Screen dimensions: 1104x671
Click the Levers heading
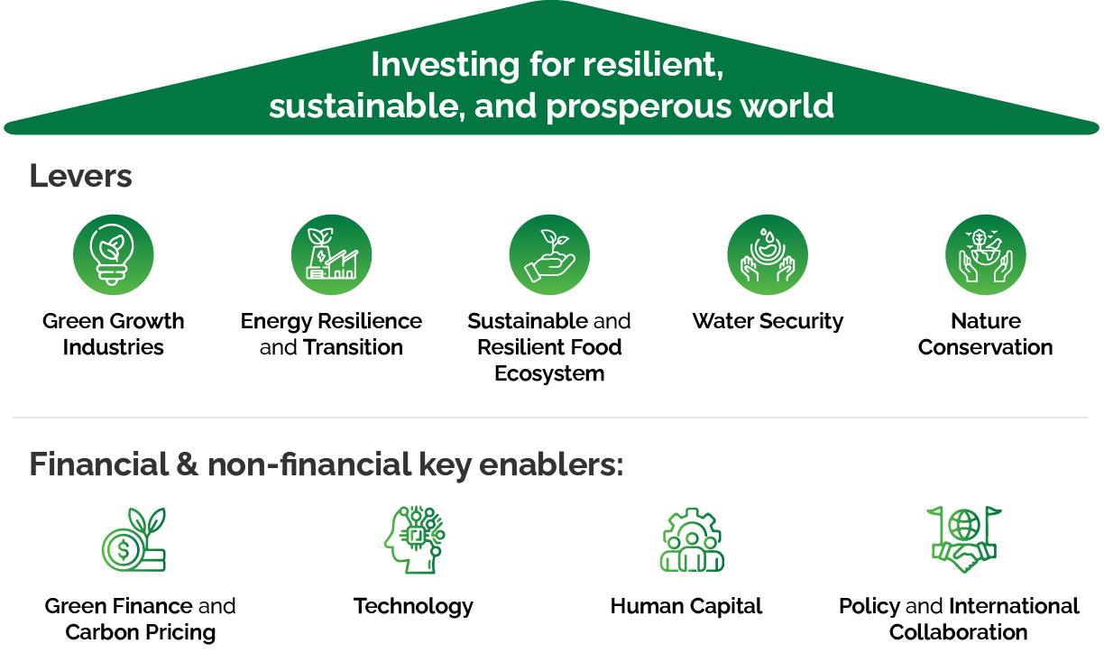pyautogui.click(x=81, y=176)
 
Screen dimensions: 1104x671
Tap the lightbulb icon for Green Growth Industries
pyautogui.click(x=114, y=254)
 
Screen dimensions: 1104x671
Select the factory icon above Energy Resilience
pyautogui.click(x=331, y=254)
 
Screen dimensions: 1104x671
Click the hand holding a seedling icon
pyautogui.click(x=549, y=254)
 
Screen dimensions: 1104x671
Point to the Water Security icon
pyautogui.click(x=768, y=254)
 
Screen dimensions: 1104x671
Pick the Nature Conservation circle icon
pyautogui.click(x=986, y=254)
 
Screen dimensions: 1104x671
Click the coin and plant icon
pyautogui.click(x=134, y=539)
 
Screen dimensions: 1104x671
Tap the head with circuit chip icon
pyautogui.click(x=415, y=539)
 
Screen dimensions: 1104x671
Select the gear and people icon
pyautogui.click(x=692, y=539)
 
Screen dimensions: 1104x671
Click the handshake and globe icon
pyautogui.click(x=964, y=539)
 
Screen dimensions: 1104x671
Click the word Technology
pyautogui.click(x=413, y=607)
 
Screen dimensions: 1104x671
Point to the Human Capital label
pyautogui.click(x=686, y=606)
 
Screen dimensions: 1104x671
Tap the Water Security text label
pyautogui.click(x=768, y=322)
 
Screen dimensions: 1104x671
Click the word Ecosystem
pyautogui.click(x=549, y=374)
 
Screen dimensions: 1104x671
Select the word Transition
pyautogui.click(x=353, y=347)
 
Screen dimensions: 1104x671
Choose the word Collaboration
pyautogui.click(x=959, y=632)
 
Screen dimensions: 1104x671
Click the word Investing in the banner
pyautogui.click(x=445, y=66)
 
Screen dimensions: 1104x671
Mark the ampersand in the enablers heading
pyautogui.click(x=188, y=464)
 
